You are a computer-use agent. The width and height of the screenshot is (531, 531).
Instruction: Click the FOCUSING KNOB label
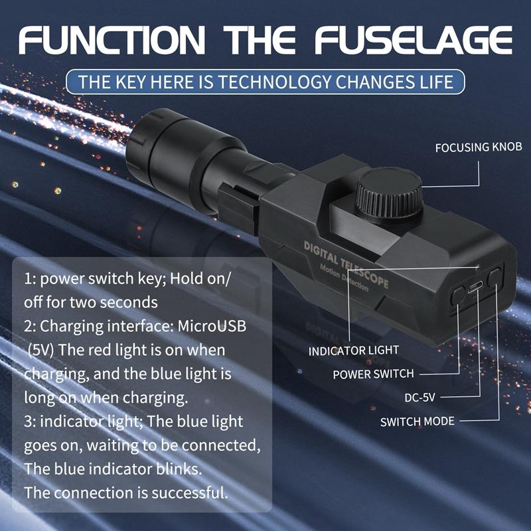479,147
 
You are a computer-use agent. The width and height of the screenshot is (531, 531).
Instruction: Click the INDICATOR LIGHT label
353,350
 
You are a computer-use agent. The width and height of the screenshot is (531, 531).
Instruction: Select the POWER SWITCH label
373,374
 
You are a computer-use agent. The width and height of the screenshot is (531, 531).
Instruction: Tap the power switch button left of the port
457,295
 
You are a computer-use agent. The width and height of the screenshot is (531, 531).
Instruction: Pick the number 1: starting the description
30,279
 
